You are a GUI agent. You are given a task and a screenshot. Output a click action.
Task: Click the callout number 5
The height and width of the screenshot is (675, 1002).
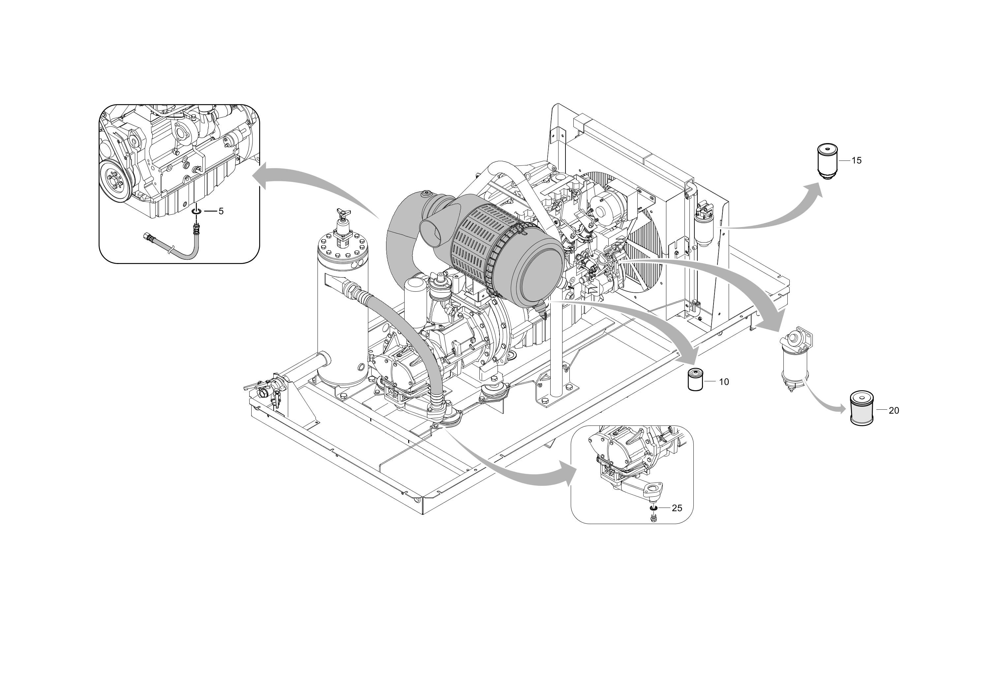coord(221,211)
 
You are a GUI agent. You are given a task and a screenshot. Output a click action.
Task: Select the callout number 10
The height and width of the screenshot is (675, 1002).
coord(724,382)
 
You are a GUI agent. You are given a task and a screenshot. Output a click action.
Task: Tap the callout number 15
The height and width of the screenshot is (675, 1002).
coord(857,161)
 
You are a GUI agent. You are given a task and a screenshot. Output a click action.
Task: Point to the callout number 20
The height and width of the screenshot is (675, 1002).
coord(894,411)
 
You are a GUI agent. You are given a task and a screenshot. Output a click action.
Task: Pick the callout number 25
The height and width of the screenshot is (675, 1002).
coord(677,508)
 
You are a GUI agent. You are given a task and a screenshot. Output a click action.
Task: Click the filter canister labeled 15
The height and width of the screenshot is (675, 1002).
coord(827,161)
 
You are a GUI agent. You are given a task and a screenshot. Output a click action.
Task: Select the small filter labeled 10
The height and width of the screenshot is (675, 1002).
coord(695,379)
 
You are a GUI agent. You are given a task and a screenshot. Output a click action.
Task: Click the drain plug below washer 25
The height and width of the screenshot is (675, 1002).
coord(653,517)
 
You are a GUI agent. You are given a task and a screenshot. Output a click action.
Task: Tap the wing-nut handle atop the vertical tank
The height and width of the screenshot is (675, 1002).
coord(343,212)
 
